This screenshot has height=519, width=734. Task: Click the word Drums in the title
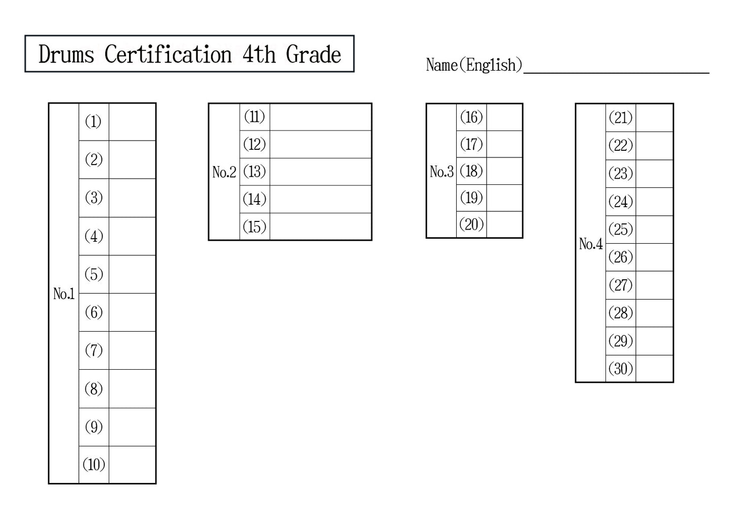point(67,54)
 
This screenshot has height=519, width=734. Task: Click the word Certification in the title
point(168,54)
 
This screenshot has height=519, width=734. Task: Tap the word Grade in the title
point(313,54)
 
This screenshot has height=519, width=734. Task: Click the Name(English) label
point(473,65)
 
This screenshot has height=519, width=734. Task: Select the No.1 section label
point(64,294)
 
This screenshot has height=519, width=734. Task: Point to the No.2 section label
point(224,172)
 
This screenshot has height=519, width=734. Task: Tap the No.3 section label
point(441,172)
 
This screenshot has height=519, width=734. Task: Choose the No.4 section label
point(591,244)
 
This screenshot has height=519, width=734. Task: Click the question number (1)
point(93,122)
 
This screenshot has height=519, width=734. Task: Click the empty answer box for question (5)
point(132,274)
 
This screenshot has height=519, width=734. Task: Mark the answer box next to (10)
point(132,464)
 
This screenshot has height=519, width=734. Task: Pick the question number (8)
point(93,388)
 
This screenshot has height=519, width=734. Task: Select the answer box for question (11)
point(320,117)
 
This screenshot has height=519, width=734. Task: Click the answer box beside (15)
point(320,226)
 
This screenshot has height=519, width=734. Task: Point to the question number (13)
point(254,172)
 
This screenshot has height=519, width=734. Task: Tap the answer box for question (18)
point(504,171)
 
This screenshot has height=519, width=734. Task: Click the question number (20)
point(471,224)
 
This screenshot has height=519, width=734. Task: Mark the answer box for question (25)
point(654,230)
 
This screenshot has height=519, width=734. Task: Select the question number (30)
point(621,368)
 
